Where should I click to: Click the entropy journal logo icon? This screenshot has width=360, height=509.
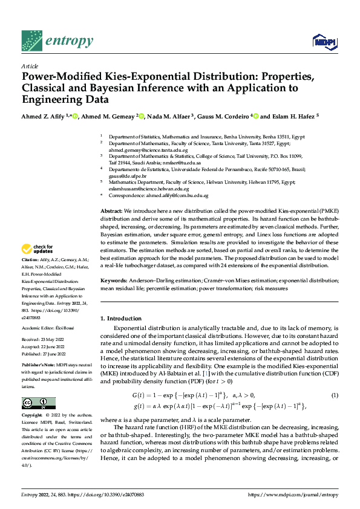[x=31, y=41]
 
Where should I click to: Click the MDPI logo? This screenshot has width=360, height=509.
[x=324, y=41]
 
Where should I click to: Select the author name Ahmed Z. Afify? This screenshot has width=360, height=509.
[x=45, y=116]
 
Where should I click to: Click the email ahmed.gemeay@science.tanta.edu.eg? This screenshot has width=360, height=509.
[x=140, y=151]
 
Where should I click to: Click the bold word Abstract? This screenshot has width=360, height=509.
[x=113, y=209]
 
